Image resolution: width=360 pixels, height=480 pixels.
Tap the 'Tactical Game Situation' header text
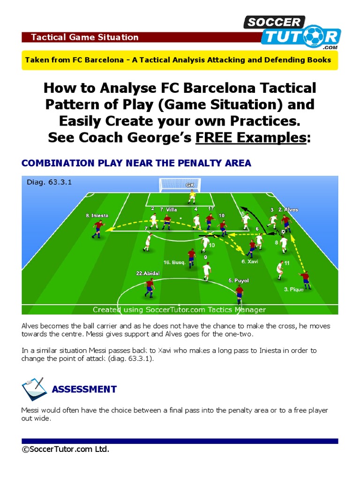coord(84,37)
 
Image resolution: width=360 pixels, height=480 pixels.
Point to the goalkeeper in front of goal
coord(191,195)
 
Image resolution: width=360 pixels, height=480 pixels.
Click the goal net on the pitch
coord(180,184)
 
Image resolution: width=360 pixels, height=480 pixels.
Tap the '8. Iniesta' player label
coord(97,216)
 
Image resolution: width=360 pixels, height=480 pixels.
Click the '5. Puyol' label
coord(239,280)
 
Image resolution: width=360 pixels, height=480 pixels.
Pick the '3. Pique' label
coord(294,289)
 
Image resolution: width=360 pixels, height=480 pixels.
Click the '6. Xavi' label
coord(250,262)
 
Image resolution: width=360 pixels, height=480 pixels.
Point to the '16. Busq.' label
coord(174,262)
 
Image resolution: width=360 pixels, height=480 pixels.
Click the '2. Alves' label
coord(288,210)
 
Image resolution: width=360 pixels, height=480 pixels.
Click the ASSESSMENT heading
coord(84,389)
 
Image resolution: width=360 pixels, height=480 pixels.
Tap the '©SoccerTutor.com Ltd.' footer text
coord(66,450)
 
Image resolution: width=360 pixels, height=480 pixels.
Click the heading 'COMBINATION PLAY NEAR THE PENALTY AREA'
coord(136,163)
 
